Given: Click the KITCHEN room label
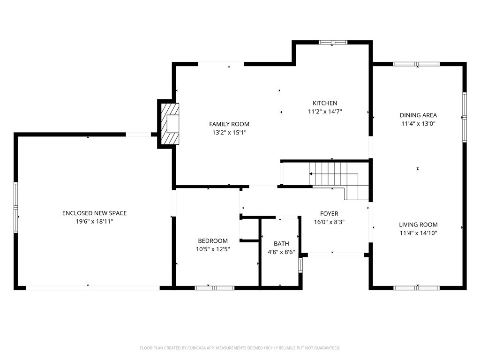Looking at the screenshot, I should click(325, 103).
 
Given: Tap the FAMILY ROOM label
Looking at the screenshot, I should click(229, 124).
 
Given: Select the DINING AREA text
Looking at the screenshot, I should click(418, 115).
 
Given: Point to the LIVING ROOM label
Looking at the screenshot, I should click(418, 225).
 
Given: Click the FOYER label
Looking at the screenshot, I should click(329, 214).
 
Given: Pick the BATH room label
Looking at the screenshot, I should click(281, 243).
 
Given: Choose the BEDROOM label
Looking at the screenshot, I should click(212, 241).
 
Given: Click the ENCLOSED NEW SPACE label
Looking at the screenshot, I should click(94, 213).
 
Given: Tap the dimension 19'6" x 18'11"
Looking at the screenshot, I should click(94, 221).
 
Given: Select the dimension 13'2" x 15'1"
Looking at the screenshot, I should click(229, 133).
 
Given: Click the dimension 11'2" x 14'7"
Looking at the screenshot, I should click(325, 112).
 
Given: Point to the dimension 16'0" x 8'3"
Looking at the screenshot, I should click(329, 222).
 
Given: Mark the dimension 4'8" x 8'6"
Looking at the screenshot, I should click(281, 252).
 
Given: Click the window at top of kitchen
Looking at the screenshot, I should click(333, 42).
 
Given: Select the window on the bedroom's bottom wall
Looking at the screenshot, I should click(214, 287).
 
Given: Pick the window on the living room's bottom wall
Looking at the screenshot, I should click(416, 287).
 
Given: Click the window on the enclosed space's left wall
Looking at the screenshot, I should click(15, 207).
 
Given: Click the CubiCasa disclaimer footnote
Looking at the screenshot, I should click(240, 348).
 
